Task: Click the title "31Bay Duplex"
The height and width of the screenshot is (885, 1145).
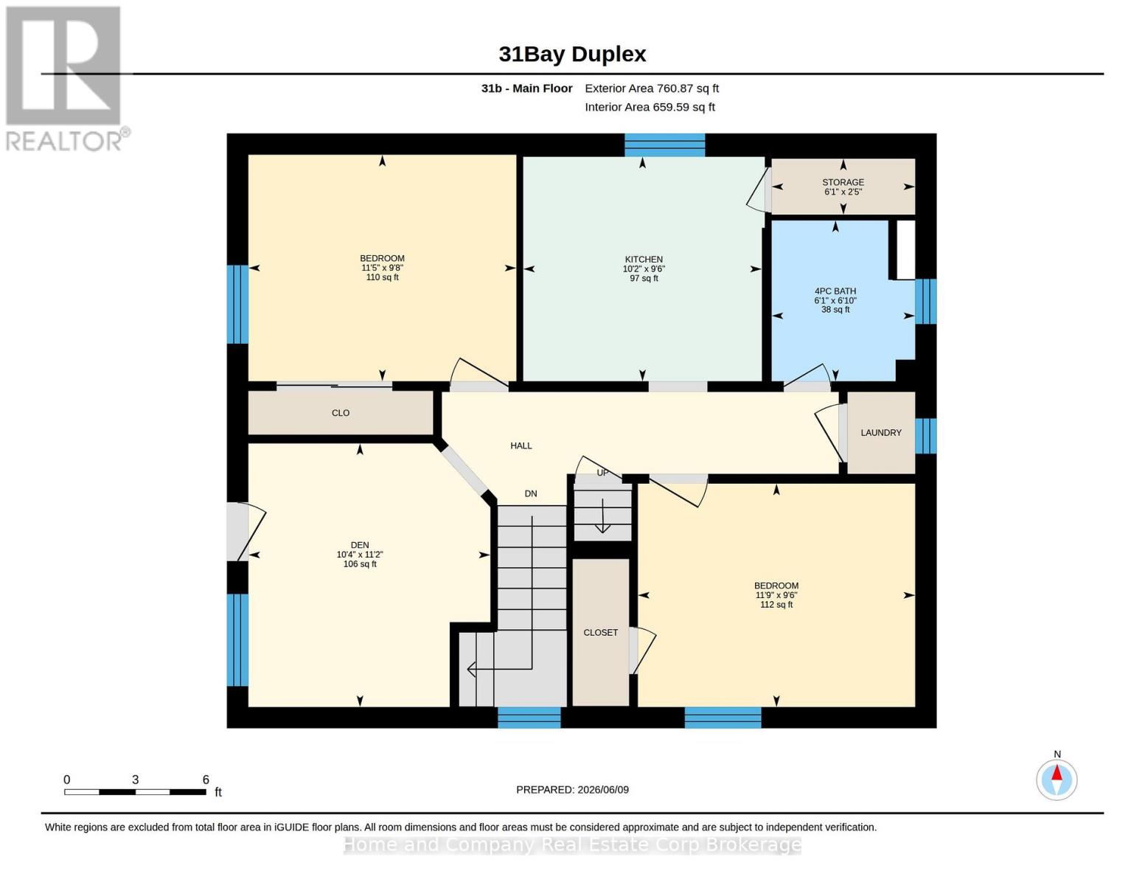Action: coord(572,55)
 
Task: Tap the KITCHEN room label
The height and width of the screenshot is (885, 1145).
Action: coord(644,260)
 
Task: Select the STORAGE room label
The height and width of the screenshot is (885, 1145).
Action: coord(843,182)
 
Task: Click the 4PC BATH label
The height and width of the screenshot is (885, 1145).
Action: coord(835,291)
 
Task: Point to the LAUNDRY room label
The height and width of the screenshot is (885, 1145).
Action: coord(881,433)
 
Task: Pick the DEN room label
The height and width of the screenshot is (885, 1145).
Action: coord(360,545)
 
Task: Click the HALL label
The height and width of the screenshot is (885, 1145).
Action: coord(521,446)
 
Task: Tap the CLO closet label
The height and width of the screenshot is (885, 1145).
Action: coord(341,413)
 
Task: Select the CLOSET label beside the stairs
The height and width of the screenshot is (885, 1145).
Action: coord(601,633)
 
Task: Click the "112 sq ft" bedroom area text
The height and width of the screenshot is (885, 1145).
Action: coord(776,605)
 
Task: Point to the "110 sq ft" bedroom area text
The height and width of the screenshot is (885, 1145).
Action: coord(383,277)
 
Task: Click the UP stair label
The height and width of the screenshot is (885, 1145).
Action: coord(603,473)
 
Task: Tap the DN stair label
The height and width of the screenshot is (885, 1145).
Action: coord(531,494)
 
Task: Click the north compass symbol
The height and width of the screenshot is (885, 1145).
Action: coord(1057,780)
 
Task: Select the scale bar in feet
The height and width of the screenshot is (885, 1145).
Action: coord(136,791)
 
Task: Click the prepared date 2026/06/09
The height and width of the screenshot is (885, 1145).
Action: coord(603,790)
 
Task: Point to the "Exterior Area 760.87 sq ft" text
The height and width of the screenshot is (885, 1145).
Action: coord(652,88)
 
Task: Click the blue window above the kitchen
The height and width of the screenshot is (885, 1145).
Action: coord(665,145)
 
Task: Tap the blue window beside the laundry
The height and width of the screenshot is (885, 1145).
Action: coord(926,436)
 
